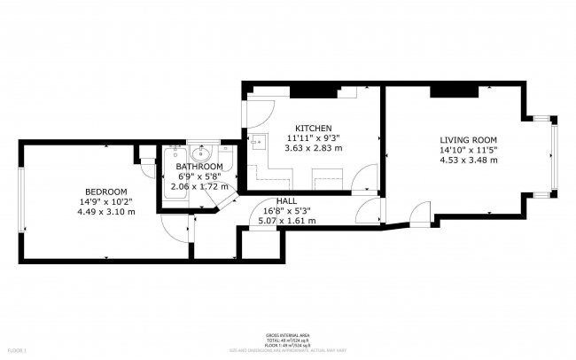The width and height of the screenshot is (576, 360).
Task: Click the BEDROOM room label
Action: pos(105,192)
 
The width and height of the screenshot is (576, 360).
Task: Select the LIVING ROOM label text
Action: pos(469,140)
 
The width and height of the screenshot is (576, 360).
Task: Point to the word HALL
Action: pos(286,201)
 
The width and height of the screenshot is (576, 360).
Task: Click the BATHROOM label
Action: pos(198,167)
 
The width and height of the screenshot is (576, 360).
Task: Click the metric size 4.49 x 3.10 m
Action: pos(105,212)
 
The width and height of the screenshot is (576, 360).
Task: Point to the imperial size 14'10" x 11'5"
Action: pos(469,150)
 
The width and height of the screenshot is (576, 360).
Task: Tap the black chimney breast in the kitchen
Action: pos(315,91)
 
